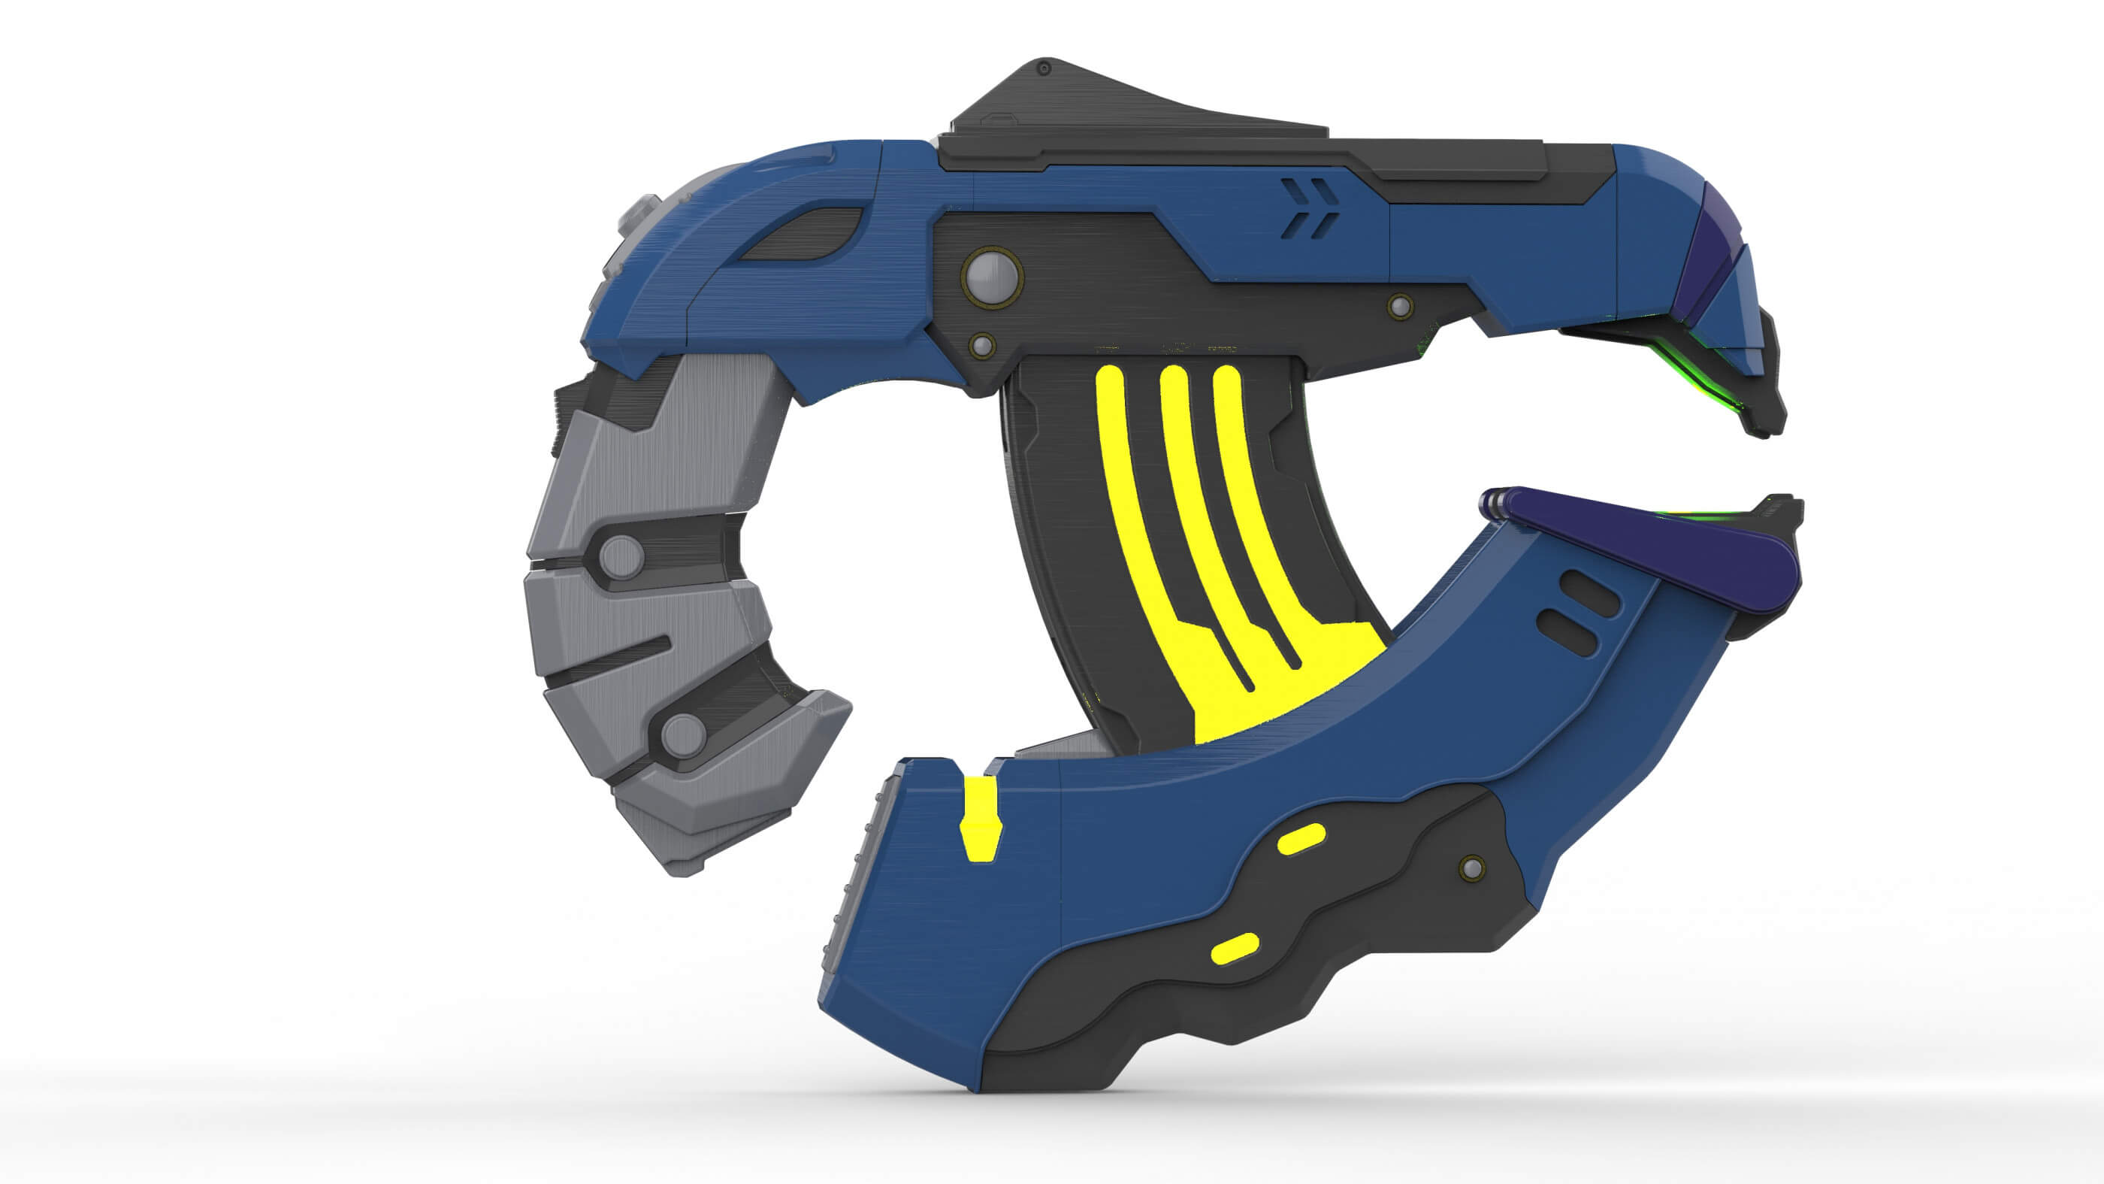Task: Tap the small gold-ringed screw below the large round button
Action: click(x=983, y=346)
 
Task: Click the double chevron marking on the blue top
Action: click(x=1309, y=208)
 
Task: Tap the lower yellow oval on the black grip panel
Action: click(x=1235, y=949)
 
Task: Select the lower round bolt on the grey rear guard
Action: click(x=683, y=734)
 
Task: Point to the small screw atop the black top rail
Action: click(x=1043, y=68)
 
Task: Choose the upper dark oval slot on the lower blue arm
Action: click(x=1588, y=594)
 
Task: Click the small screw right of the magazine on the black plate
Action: click(x=1400, y=307)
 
